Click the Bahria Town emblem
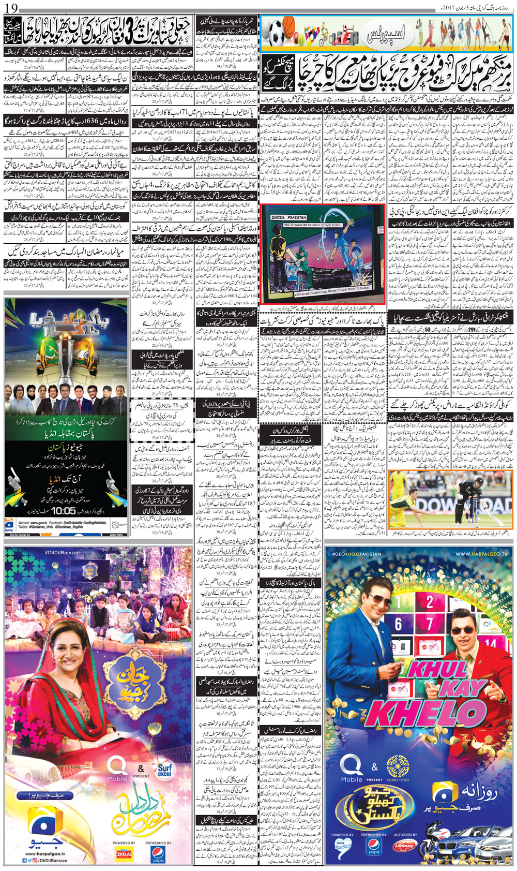pyautogui.click(x=398, y=766)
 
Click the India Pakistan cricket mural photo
pyautogui.click(x=323, y=252)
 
